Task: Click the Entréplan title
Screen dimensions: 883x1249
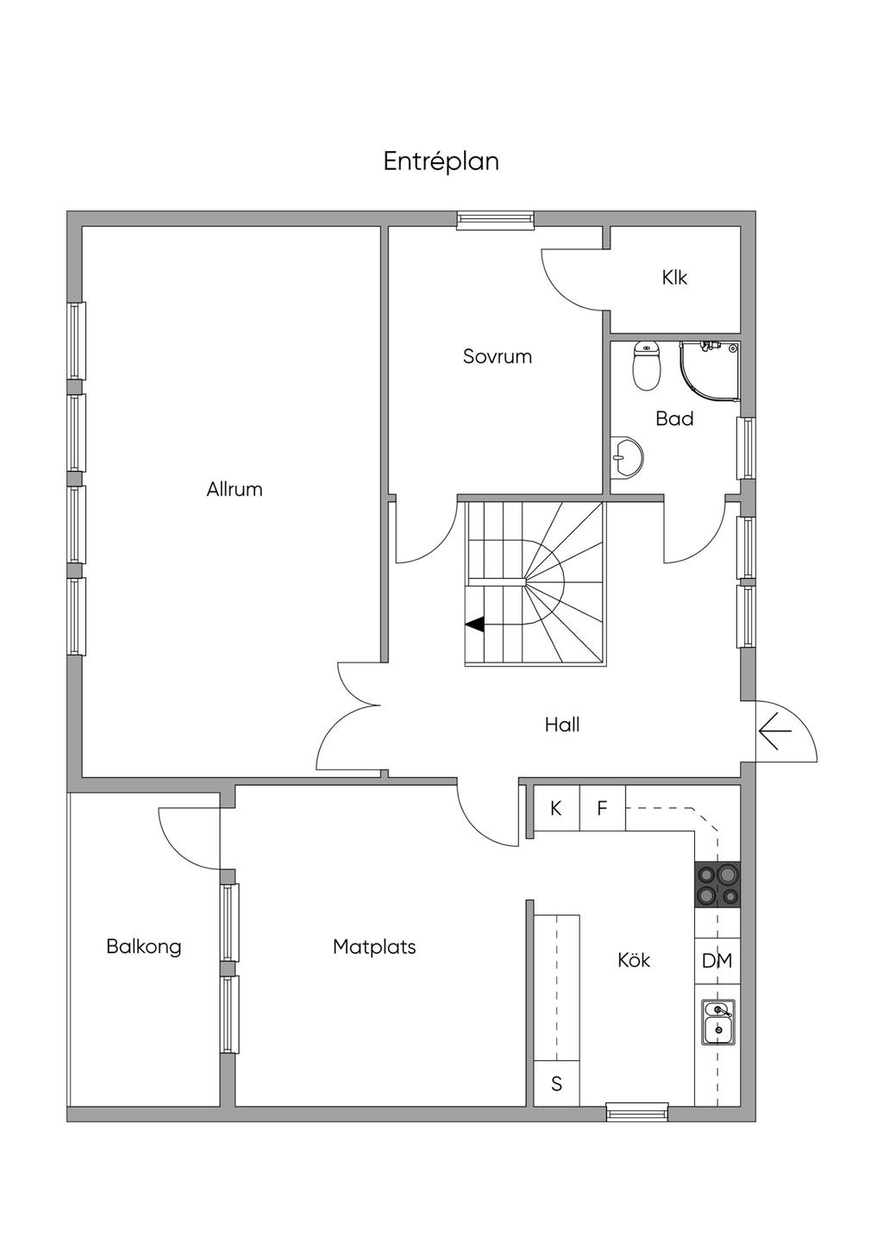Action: click(x=441, y=162)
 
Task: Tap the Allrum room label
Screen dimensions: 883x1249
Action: click(x=235, y=489)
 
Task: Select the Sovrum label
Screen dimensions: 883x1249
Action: click(x=498, y=356)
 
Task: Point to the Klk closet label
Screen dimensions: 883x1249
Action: click(x=674, y=277)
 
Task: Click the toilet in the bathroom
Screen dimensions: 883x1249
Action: click(x=647, y=366)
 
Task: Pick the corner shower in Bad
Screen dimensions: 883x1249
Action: click(x=710, y=372)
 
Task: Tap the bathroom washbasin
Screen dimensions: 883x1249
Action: click(x=627, y=457)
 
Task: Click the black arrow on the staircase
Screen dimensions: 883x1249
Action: click(x=474, y=625)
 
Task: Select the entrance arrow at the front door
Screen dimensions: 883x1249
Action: click(x=775, y=731)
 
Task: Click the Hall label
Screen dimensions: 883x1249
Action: click(x=562, y=725)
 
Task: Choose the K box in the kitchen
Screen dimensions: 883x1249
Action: click(x=556, y=808)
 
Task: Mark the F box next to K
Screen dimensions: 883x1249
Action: click(x=603, y=808)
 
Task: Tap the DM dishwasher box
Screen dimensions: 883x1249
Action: click(x=717, y=961)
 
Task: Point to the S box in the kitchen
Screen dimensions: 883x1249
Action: click(x=557, y=1083)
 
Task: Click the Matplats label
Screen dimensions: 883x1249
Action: click(x=374, y=947)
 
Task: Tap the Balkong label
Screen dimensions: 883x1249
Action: click(x=144, y=947)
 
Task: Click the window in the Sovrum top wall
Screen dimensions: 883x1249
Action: click(x=495, y=220)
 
